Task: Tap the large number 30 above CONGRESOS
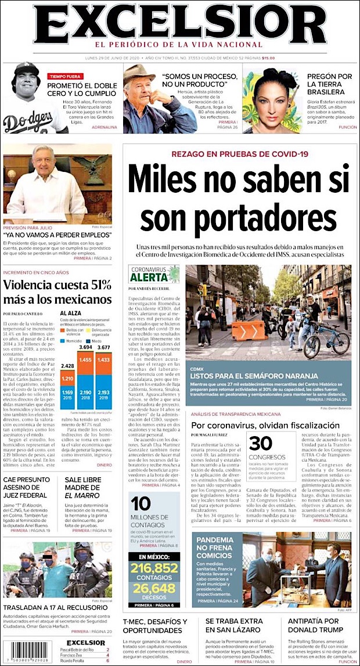pyautogui.click(x=261, y=443)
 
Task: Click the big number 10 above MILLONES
pyautogui.click(x=141, y=503)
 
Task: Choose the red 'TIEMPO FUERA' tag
pyautogui.click(x=65, y=76)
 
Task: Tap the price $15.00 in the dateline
pyautogui.click(x=268, y=57)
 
